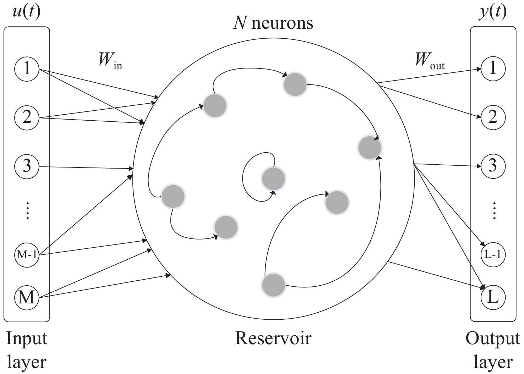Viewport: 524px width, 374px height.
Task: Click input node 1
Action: pyautogui.click(x=27, y=68)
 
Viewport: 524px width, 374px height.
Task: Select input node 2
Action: pyautogui.click(x=27, y=117)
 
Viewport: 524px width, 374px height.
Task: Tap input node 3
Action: pyautogui.click(x=27, y=166)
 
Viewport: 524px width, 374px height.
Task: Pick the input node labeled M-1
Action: pyautogui.click(x=27, y=254)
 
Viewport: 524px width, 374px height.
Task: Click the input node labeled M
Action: pyautogui.click(x=27, y=297)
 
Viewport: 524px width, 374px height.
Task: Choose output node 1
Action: pyautogui.click(x=493, y=68)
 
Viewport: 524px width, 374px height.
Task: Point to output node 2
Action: pyautogui.click(x=493, y=117)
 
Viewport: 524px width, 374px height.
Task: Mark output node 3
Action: pyautogui.click(x=493, y=166)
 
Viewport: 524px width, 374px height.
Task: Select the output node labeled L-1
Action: pyautogui.click(x=493, y=254)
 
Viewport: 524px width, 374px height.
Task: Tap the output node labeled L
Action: pyautogui.click(x=493, y=297)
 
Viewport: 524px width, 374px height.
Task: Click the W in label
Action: pyautogui.click(x=110, y=61)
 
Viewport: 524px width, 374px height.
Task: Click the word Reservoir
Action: pyautogui.click(x=273, y=338)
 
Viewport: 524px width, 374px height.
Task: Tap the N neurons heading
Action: pyautogui.click(x=273, y=23)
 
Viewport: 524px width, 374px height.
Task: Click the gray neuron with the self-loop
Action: pyautogui.click(x=273, y=178)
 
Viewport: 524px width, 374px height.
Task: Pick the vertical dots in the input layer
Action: pyautogui.click(x=27, y=210)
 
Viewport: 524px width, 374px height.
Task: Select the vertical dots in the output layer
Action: pyautogui.click(x=493, y=210)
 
